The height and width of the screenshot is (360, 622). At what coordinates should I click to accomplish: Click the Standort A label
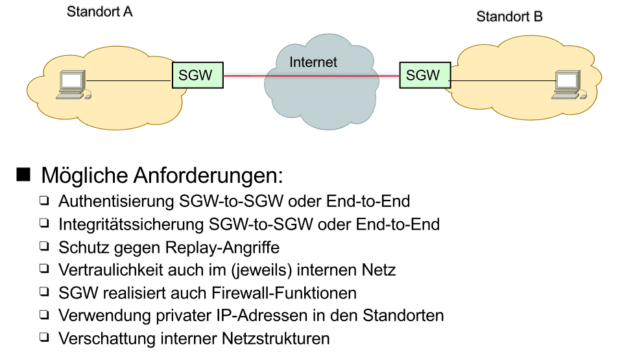[x=100, y=12]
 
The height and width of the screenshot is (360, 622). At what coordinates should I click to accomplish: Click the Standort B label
[x=509, y=17]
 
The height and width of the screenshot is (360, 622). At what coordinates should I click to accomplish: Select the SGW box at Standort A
[x=197, y=75]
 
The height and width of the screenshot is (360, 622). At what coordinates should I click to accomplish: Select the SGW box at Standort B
[x=423, y=75]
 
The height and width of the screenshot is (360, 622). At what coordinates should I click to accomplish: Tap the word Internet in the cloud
[x=313, y=62]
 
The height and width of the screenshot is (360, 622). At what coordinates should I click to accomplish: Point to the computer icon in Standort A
[x=71, y=86]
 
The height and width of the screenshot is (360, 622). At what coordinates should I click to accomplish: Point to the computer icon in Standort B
[x=567, y=86]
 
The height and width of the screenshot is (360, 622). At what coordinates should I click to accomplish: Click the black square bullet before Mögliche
[x=24, y=174]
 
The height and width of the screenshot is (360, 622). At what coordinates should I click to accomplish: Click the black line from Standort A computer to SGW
[x=130, y=81]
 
